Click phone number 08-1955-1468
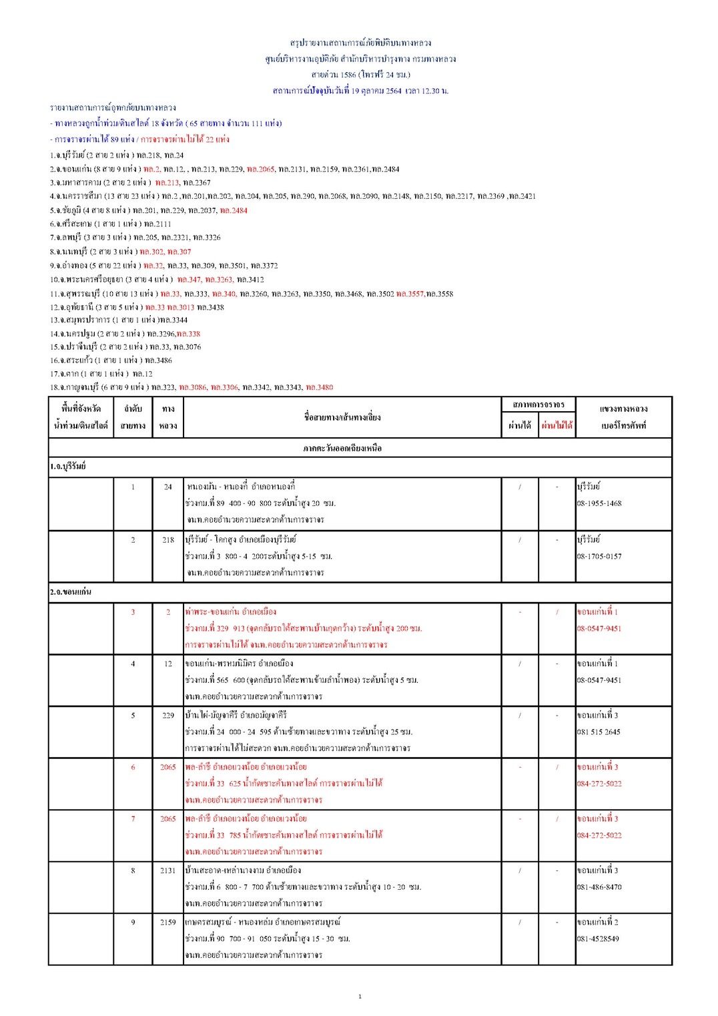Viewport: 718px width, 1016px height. (599, 503)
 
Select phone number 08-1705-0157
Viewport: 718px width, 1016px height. (599, 556)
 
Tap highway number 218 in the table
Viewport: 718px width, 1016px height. (167, 540)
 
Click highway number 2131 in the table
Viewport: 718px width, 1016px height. (167, 870)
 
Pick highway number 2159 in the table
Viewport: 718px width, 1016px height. (167, 922)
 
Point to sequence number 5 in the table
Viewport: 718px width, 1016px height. (133, 716)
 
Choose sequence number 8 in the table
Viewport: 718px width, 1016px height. (133, 870)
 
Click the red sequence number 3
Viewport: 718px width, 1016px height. (133, 612)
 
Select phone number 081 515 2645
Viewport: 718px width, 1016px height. (599, 732)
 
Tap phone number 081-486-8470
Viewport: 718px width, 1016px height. (599, 887)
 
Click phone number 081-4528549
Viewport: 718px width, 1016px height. (598, 939)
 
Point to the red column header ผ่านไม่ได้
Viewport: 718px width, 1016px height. (557, 425)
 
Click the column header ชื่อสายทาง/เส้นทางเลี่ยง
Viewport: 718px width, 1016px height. (342, 417)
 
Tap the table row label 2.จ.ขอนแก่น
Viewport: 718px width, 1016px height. (71, 592)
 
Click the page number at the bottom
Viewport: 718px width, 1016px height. (360, 997)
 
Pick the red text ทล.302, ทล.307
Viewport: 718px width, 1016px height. (165, 252)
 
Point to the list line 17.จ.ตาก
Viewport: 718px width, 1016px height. (101, 374)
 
